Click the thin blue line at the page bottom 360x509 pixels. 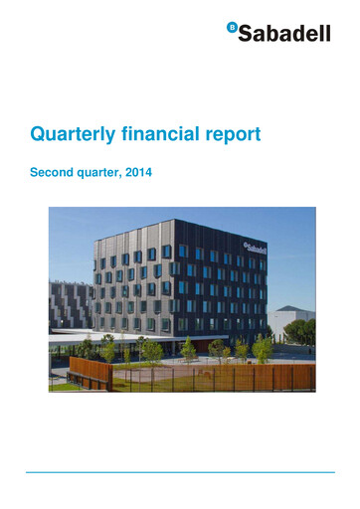(180, 472)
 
